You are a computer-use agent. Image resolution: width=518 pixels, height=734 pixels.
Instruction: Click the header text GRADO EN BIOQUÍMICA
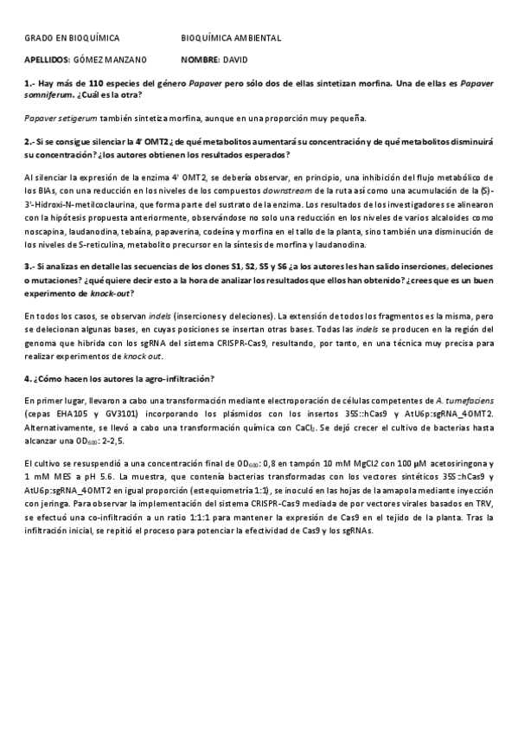pyautogui.click(x=72, y=38)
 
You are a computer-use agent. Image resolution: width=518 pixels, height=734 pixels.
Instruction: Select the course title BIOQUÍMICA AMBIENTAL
pyautogui.click(x=231, y=38)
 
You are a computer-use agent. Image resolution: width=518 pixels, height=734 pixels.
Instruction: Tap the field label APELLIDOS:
pyautogui.click(x=48, y=60)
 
